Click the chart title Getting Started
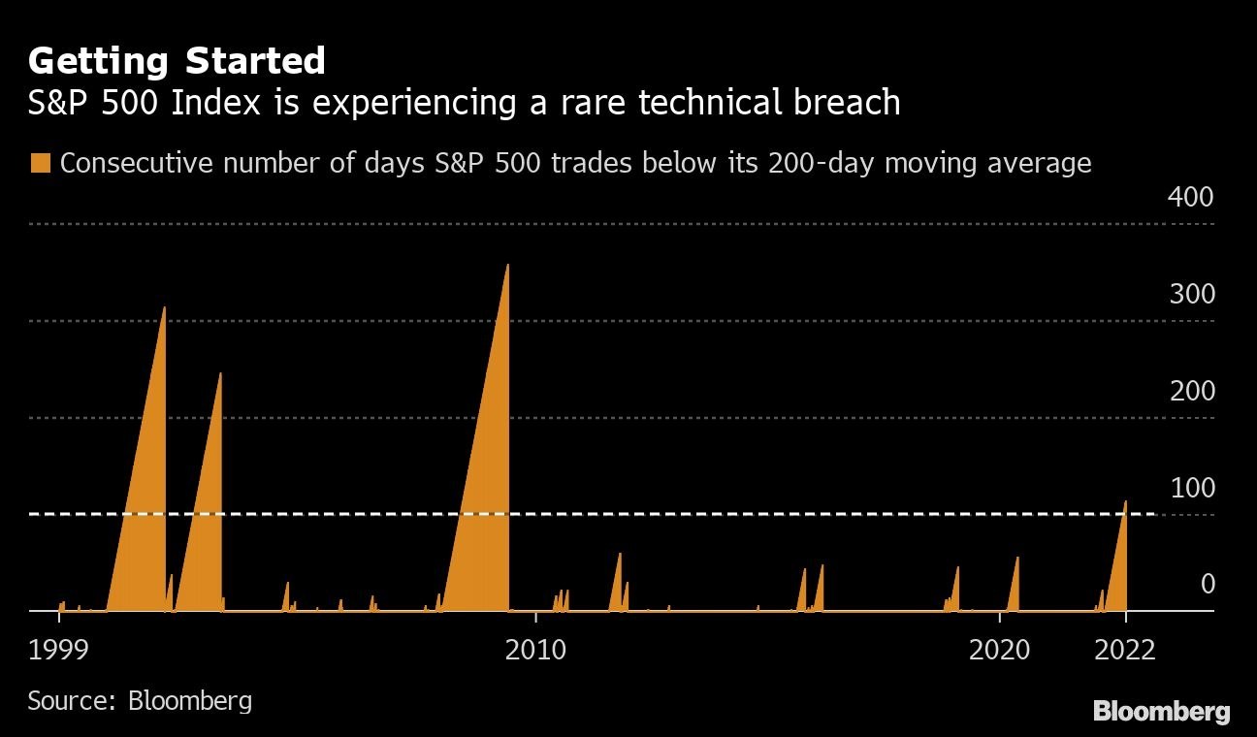177,61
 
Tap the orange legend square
40,163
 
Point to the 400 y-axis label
1191,197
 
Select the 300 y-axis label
1191,294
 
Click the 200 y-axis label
1191,391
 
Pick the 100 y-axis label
1191,488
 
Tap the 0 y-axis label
1207,584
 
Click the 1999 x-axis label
59,649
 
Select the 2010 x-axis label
535,649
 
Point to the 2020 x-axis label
1000,649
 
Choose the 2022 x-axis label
1125,649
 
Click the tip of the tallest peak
507,265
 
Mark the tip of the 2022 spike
1125,501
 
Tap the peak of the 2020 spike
1017,558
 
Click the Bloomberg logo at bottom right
1161,711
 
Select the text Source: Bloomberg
140,700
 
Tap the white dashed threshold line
582,514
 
